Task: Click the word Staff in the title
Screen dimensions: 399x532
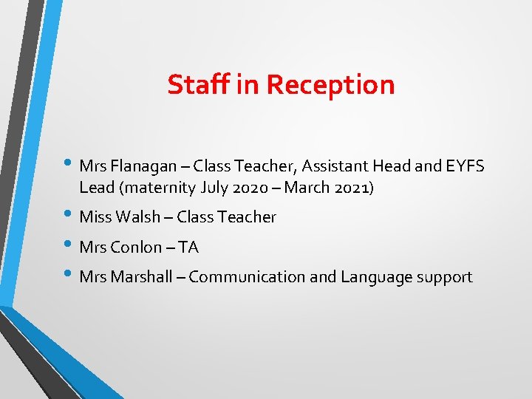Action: pos(199,84)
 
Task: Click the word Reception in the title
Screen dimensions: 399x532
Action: pos(330,84)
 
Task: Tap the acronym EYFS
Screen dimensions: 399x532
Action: pos(465,166)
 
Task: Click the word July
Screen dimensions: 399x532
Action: pos(215,188)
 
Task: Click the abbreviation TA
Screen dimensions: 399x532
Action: pos(188,247)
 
